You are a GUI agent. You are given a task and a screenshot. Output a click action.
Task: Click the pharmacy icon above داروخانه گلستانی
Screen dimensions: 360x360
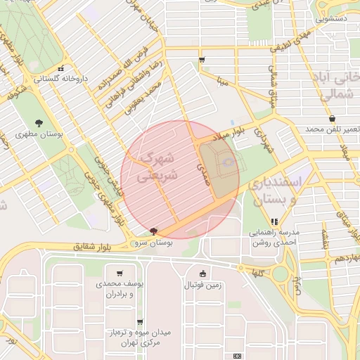62,68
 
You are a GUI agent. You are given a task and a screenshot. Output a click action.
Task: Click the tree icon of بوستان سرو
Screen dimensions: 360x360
154,231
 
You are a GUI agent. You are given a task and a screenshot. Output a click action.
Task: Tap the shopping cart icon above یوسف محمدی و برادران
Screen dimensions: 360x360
120,274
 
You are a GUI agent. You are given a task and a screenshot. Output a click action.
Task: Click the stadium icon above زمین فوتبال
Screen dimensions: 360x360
203,274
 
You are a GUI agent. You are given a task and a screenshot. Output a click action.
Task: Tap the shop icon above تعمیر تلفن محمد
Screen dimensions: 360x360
331,118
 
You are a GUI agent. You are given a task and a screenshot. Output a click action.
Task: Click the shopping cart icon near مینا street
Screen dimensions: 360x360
202,60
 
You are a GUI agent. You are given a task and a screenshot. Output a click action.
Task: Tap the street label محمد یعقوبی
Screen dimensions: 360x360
143,97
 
